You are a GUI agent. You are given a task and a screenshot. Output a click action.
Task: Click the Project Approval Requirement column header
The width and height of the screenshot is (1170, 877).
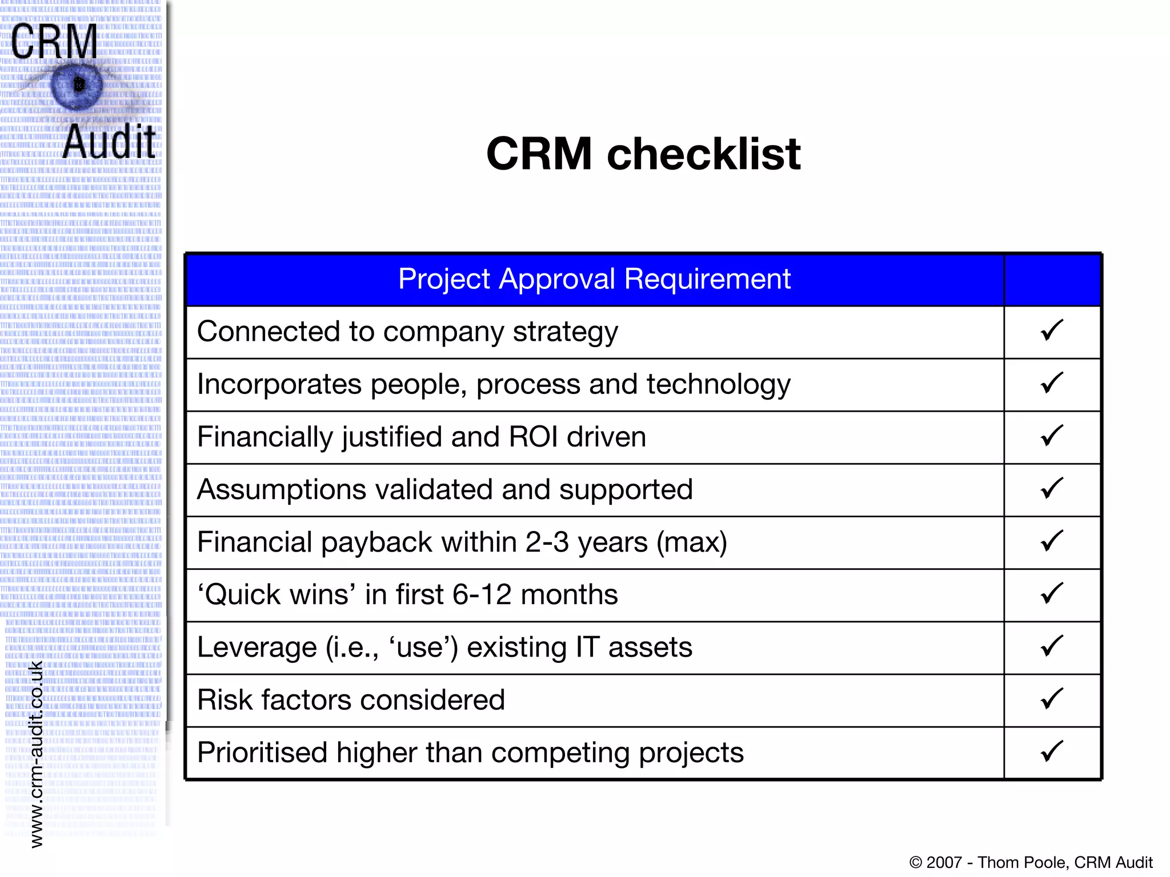(594, 279)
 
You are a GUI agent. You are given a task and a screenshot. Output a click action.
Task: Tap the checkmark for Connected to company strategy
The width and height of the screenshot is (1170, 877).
(1051, 331)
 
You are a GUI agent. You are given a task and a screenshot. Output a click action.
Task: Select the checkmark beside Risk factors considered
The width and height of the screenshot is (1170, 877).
(1051, 699)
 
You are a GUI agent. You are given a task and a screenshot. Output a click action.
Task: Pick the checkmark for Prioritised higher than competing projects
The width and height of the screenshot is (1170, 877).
(1051, 751)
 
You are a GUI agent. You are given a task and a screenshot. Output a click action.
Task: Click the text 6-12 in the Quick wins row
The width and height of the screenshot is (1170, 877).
(482, 594)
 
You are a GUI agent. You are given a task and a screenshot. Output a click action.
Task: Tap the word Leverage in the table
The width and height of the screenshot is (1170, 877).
(257, 647)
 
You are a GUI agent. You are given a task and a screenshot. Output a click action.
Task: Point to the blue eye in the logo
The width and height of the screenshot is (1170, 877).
(77, 86)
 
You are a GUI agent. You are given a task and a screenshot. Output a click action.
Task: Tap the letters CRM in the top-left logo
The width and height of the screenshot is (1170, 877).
(54, 41)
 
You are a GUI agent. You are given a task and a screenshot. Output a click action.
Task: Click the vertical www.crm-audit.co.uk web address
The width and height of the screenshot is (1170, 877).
(36, 754)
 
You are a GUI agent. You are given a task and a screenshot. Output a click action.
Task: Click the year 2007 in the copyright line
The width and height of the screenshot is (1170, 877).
(944, 862)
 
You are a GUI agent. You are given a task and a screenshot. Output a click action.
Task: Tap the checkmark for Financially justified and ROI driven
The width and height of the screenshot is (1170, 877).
(1051, 436)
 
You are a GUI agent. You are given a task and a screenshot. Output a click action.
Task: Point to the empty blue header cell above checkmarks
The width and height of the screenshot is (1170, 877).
(1052, 280)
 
